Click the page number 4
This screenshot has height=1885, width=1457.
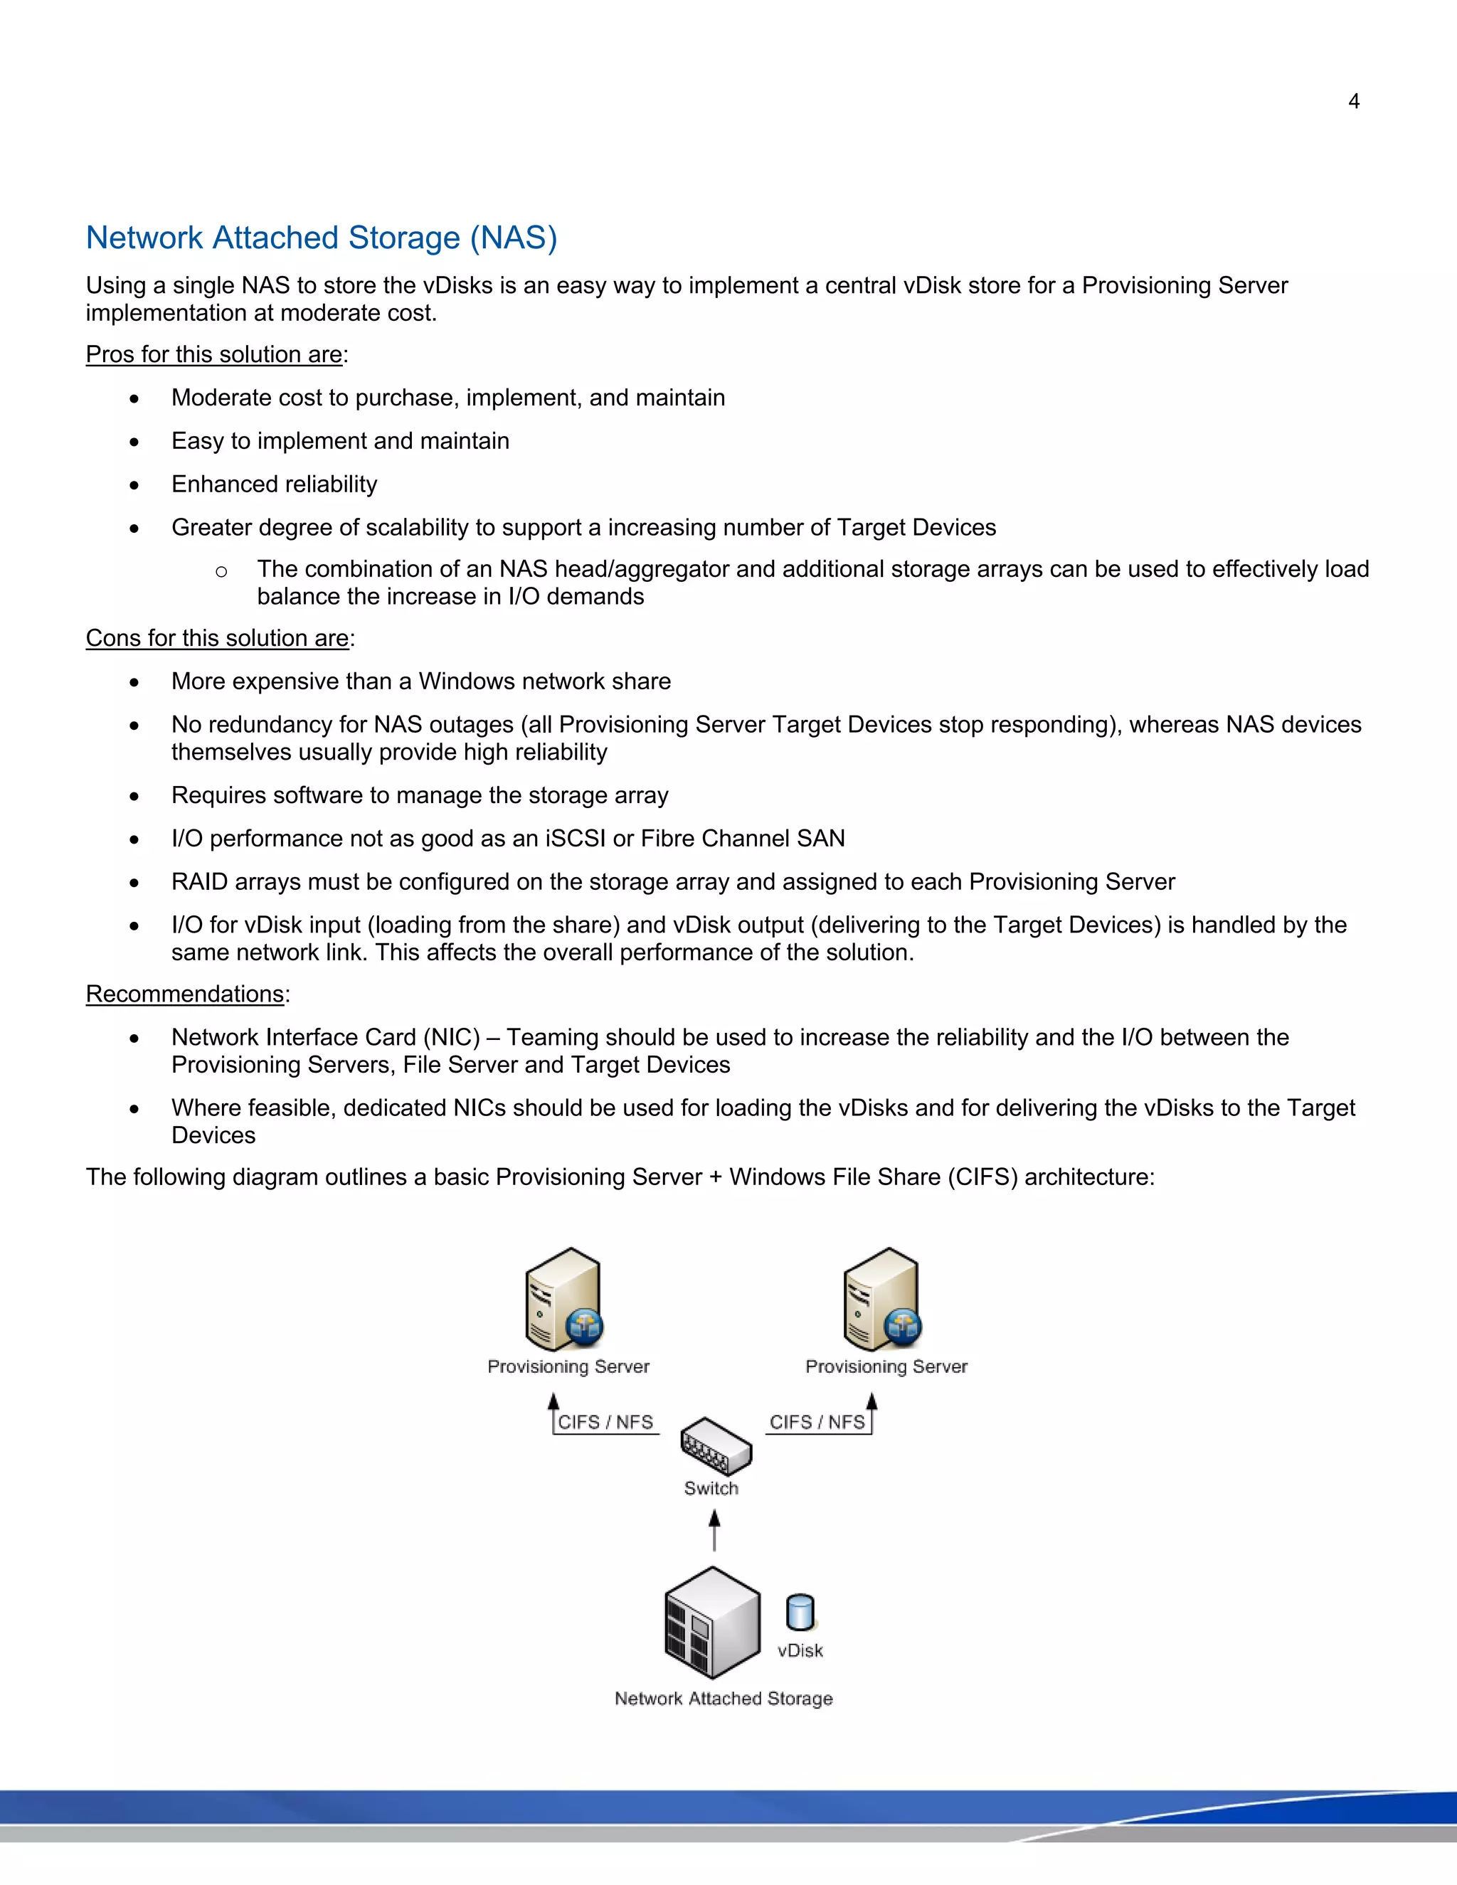[x=1353, y=102]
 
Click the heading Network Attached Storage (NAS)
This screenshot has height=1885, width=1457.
[x=321, y=238]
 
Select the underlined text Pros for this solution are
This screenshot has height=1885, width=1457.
[x=214, y=355]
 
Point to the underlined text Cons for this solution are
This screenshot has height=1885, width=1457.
[x=218, y=638]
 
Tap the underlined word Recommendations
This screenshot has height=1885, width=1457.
[x=185, y=994]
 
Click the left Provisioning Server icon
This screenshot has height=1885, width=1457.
[x=564, y=1300]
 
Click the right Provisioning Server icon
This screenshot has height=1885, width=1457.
[x=882, y=1300]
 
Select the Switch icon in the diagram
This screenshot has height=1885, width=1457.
[x=716, y=1445]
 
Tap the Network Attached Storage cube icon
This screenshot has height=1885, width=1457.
[x=712, y=1623]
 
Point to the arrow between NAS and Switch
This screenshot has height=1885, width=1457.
[x=714, y=1529]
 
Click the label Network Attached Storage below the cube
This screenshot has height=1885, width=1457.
[x=724, y=1699]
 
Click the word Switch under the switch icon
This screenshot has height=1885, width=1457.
[x=711, y=1489]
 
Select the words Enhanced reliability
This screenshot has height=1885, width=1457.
[x=275, y=484]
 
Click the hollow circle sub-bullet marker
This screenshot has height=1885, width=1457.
[x=221, y=571]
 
